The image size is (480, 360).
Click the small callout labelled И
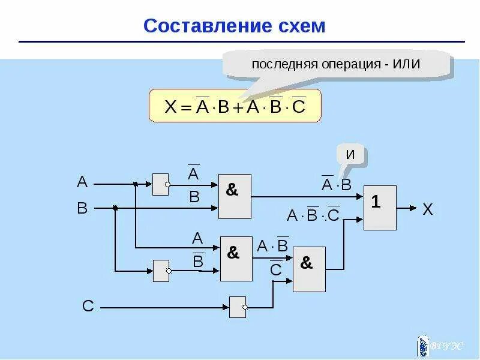[351, 155]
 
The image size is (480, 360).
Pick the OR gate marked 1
[380, 208]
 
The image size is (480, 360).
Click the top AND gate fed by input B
[235, 196]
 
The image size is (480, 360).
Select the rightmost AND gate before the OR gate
[309, 269]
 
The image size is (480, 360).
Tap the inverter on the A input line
[161, 184]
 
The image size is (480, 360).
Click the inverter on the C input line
[238, 307]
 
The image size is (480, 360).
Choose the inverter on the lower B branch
[161, 271]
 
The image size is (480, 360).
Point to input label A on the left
[82, 182]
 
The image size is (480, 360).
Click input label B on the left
[82, 208]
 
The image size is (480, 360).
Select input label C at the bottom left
[88, 307]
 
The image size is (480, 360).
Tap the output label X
[427, 209]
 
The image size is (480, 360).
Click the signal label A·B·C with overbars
[313, 215]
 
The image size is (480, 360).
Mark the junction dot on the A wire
[136, 184]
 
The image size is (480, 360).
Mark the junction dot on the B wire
[115, 208]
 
